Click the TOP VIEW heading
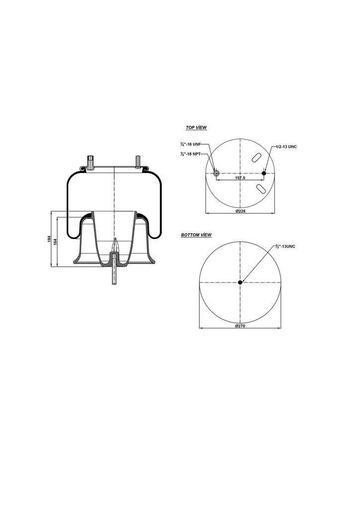click(x=196, y=128)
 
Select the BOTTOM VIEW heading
click(x=196, y=234)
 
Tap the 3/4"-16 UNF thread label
click(x=190, y=144)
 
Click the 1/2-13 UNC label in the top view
click(x=286, y=147)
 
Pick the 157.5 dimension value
click(x=240, y=177)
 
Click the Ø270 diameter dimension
click(x=240, y=326)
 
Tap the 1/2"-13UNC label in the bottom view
click(x=285, y=247)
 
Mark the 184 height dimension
click(x=49, y=240)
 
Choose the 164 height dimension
click(x=56, y=241)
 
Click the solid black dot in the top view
click(x=264, y=173)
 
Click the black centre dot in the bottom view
click(x=240, y=282)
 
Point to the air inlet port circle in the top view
click(x=216, y=173)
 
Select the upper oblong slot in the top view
click(x=257, y=158)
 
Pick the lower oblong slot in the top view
click(x=261, y=188)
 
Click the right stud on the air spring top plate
click(x=137, y=162)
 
